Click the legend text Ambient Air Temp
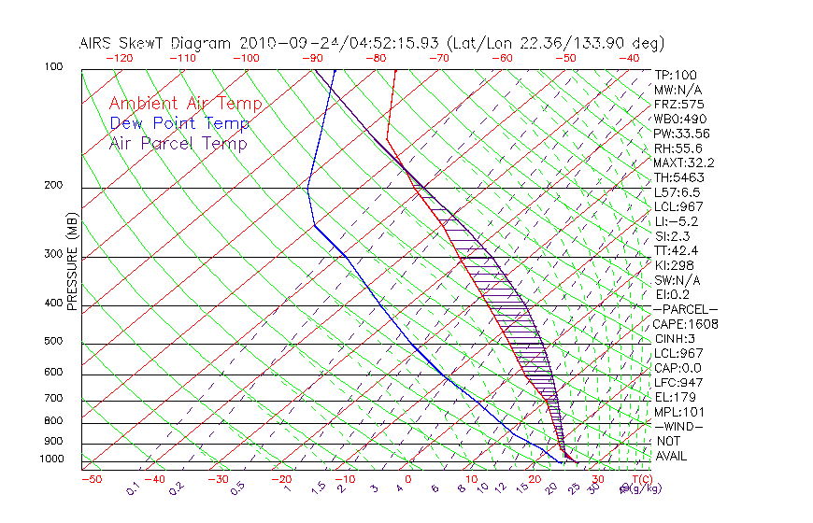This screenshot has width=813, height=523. tap(185, 104)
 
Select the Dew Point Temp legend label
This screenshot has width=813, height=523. tap(179, 123)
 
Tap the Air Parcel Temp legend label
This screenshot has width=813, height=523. tap(178, 143)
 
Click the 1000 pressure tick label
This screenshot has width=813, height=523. tap(53, 459)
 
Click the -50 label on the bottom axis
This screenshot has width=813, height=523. tap(91, 479)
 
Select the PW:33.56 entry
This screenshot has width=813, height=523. tap(681, 134)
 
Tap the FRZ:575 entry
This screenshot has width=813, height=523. tap(678, 105)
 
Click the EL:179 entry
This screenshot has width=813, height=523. tap(675, 397)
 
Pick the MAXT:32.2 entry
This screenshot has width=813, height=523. tap(684, 163)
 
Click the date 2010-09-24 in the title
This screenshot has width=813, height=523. tap(282, 43)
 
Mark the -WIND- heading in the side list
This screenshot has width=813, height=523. tap(678, 427)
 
